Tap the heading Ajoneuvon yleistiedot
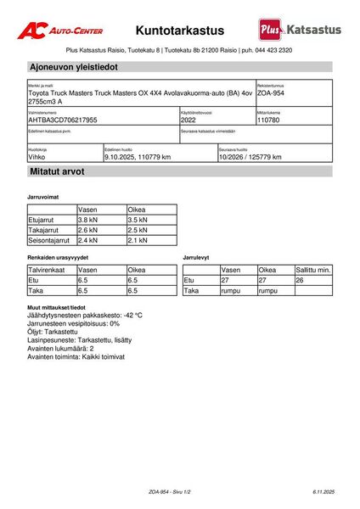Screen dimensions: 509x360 [73, 66]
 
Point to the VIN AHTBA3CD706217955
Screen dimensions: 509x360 [63, 120]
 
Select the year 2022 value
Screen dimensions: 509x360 [188, 120]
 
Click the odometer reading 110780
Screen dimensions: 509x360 [268, 120]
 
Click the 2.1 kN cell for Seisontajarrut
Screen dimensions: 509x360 [138, 241]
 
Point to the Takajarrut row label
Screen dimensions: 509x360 [47, 230]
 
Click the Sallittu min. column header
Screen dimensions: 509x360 [312, 270]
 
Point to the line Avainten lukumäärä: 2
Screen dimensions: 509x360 [61, 349]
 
